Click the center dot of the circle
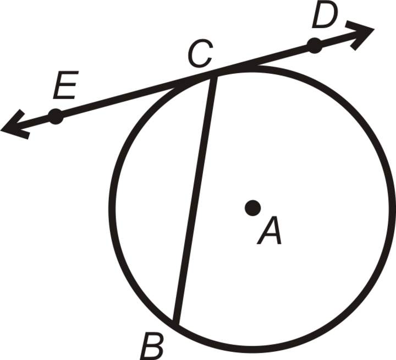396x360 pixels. (x=252, y=208)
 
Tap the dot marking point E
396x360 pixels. (x=55, y=116)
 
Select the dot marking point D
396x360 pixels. (x=314, y=46)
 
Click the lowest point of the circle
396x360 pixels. (x=253, y=350)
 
